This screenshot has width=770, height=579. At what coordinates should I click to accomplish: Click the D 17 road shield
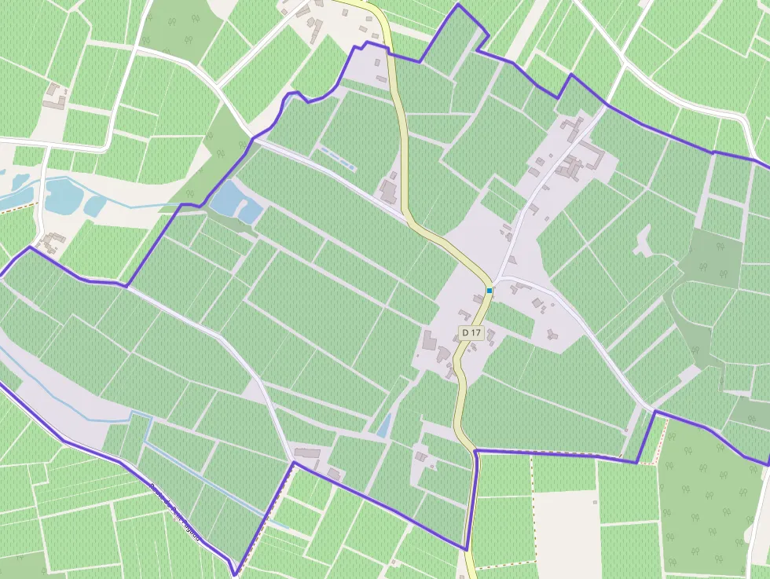(x=471, y=332)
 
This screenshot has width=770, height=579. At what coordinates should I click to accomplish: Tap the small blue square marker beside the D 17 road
(x=489, y=291)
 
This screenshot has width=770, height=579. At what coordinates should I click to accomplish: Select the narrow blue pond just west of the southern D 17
(x=383, y=426)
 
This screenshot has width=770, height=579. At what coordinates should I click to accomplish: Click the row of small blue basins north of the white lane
(x=337, y=158)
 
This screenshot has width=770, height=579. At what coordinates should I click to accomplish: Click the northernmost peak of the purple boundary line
(x=458, y=5)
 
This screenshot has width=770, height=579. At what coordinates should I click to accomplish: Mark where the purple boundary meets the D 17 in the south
(x=475, y=452)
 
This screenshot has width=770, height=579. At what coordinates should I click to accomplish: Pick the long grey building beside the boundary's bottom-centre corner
(x=307, y=454)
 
